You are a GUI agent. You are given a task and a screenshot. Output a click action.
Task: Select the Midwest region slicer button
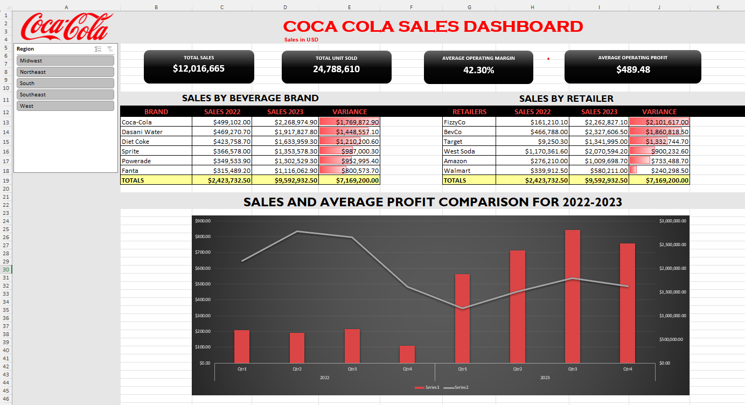[65, 61]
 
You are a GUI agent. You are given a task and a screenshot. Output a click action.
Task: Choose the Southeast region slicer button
[65, 95]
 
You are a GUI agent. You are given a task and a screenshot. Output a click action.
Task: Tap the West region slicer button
[65, 106]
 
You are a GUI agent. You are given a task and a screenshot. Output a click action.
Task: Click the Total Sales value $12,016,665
[199, 69]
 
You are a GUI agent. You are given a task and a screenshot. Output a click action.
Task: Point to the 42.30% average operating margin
[478, 70]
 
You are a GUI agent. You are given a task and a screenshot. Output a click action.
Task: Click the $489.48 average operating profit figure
[632, 69]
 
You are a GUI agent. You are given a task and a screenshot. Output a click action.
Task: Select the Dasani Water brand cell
[142, 132]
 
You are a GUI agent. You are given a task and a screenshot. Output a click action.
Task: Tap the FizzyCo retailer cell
[455, 122]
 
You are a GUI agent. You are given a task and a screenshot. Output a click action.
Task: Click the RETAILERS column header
[469, 112]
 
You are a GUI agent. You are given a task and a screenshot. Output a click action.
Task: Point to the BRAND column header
[156, 112]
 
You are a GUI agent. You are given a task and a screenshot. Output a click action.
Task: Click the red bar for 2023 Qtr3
[573, 296]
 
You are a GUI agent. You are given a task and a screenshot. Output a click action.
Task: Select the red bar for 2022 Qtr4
[407, 354]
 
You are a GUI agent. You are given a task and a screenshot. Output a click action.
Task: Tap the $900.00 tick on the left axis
[203, 221]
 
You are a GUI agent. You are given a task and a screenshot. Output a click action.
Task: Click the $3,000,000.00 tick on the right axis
[672, 221]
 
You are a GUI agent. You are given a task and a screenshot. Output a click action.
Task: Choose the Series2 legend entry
[459, 387]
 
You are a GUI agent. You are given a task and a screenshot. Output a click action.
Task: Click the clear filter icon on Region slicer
[110, 49]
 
